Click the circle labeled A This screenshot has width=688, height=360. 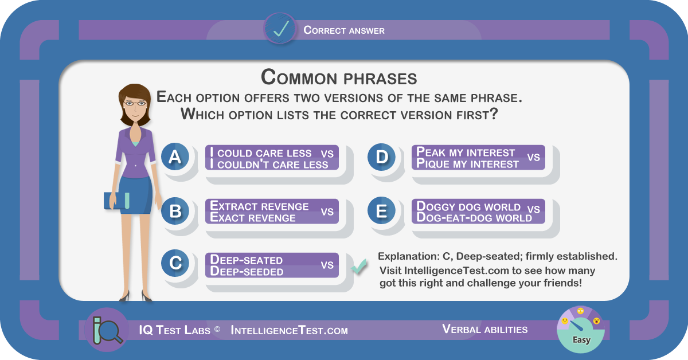175,156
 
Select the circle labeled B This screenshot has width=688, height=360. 175,211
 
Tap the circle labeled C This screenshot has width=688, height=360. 175,263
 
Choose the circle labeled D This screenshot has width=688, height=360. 381,156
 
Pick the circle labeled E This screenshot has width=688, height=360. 381,211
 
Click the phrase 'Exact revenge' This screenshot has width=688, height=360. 252,217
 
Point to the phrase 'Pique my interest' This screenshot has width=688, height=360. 467,163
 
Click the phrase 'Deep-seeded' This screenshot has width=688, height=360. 247,271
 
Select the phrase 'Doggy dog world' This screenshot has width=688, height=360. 468,206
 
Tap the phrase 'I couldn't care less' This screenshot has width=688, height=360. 269,164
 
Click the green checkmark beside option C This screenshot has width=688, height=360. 359,266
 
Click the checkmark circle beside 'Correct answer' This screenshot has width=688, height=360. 280,29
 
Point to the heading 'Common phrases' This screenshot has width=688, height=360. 339,77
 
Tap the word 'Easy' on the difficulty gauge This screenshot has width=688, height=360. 581,340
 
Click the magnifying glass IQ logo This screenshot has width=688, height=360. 107,330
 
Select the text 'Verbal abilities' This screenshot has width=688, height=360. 484,329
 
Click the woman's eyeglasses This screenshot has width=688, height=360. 135,104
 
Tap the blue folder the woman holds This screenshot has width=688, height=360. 117,201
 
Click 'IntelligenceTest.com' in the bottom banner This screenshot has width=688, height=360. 289,330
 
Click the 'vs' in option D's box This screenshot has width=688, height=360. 534,157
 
